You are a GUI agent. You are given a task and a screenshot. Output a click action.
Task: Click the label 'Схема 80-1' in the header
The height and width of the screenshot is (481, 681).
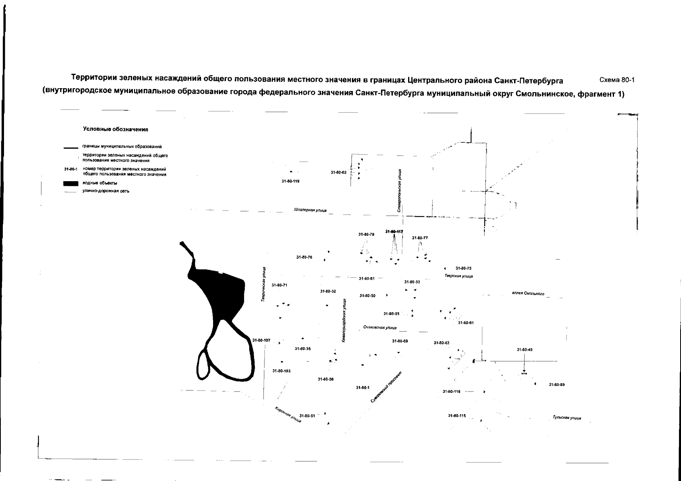coord(616,80)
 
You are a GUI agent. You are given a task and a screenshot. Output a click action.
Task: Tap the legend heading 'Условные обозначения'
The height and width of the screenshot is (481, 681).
coord(116,129)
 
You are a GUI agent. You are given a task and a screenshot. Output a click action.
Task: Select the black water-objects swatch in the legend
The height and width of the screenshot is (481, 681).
coord(70,184)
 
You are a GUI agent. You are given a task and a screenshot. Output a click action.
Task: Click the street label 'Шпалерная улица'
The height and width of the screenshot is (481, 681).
coord(310,210)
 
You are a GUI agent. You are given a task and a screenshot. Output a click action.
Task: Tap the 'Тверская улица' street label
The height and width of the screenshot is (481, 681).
coord(459,276)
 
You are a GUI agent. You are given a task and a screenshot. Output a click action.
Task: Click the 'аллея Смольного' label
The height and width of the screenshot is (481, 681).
coord(528,294)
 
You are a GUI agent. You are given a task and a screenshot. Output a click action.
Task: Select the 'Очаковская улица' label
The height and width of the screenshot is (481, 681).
coord(380,328)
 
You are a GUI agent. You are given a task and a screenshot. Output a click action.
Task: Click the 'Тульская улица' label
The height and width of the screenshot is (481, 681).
coord(567,418)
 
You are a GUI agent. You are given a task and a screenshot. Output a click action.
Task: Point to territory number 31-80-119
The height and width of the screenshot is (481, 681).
coord(291,181)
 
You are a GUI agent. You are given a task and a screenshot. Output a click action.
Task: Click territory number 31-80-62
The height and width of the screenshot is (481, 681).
coord(338,172)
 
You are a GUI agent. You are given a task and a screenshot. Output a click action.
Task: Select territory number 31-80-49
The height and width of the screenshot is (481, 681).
coord(524,350)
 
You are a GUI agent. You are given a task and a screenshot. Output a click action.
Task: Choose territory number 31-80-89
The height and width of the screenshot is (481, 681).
coord(557,385)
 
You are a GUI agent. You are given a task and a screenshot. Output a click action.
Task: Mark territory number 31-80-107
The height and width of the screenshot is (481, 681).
coord(261,341)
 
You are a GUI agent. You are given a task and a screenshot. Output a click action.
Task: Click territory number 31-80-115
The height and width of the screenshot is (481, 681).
coord(457,416)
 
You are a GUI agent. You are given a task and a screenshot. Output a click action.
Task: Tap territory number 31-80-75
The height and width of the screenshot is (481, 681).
coord(463,268)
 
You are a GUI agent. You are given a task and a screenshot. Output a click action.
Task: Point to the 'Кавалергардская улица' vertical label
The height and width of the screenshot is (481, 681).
coord(344,320)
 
